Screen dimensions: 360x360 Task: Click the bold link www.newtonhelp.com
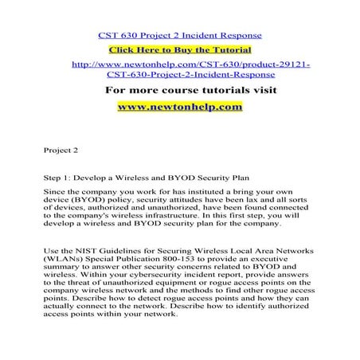click(179, 106)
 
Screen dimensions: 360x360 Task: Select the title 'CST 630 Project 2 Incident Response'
click(179, 35)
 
